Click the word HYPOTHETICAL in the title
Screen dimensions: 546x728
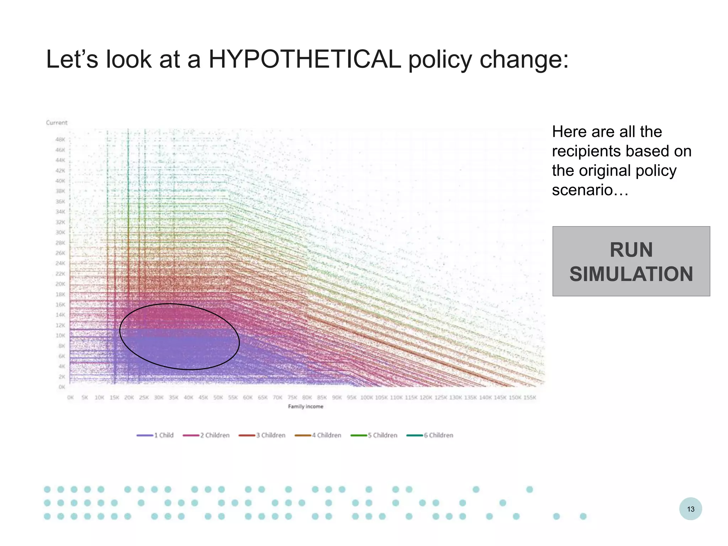click(x=305, y=59)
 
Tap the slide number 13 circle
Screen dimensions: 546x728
click(x=690, y=509)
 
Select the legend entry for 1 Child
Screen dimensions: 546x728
click(x=155, y=435)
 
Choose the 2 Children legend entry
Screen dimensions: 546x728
click(x=207, y=435)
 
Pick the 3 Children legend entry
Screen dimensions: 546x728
click(x=262, y=435)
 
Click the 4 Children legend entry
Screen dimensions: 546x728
click(x=318, y=435)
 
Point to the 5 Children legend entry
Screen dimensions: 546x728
click(x=374, y=435)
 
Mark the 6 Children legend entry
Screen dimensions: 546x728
click(x=430, y=435)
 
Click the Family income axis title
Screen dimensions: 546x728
click(x=305, y=406)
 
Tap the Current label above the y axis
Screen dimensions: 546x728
click(x=57, y=123)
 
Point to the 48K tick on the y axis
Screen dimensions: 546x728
click(x=60, y=140)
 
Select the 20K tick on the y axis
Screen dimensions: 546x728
click(x=60, y=284)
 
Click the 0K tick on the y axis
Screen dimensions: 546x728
click(x=61, y=387)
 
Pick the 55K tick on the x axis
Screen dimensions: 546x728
click(x=233, y=397)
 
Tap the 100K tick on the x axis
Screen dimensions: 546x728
click(x=366, y=397)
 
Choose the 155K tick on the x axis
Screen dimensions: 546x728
click(x=530, y=397)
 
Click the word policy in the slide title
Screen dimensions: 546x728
click(x=440, y=59)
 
